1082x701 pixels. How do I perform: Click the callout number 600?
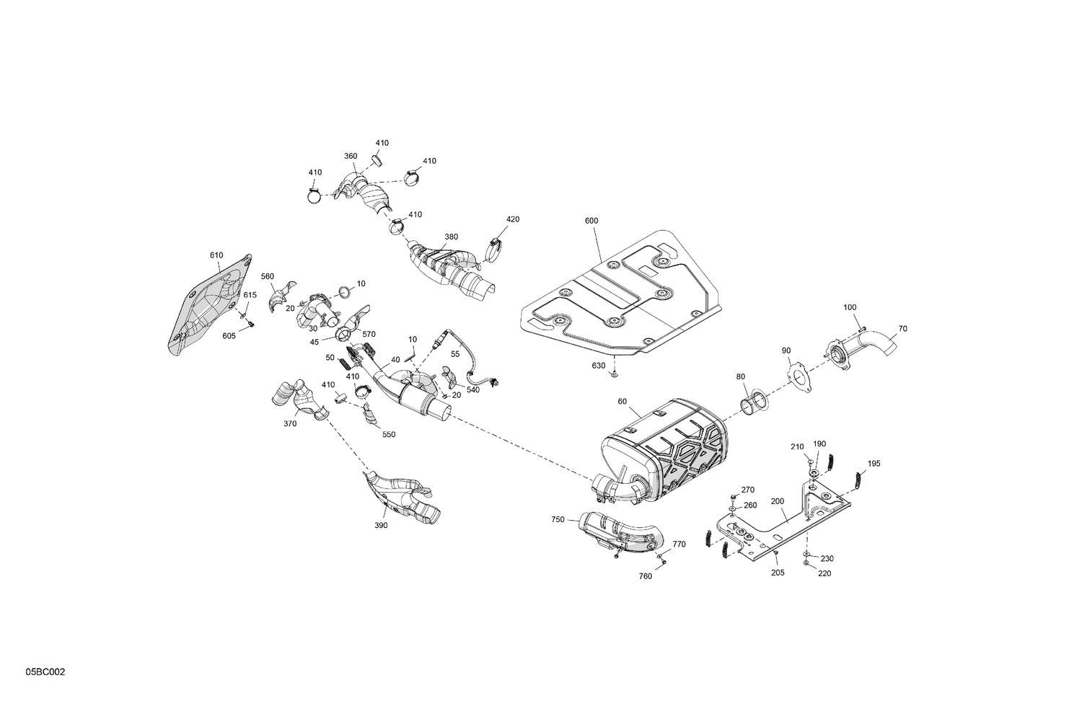click(x=591, y=221)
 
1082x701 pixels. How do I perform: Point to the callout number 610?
click(x=216, y=255)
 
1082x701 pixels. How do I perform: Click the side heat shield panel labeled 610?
click(x=209, y=307)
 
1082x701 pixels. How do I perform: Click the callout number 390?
click(x=381, y=526)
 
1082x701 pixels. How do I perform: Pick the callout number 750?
click(x=558, y=519)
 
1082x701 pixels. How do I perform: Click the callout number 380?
click(x=451, y=237)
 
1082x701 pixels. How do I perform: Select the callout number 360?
click(x=351, y=156)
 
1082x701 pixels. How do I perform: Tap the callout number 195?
click(x=874, y=463)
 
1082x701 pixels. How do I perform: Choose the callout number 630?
click(x=599, y=366)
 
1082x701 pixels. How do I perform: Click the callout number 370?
click(x=290, y=424)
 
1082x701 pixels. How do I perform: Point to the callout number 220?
click(x=825, y=574)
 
